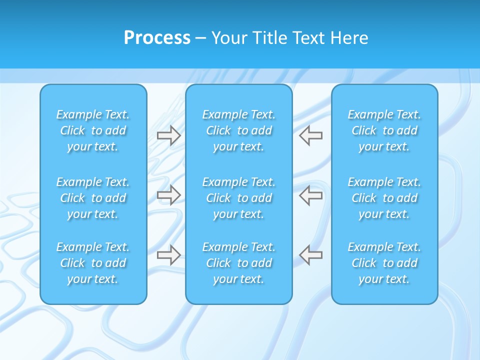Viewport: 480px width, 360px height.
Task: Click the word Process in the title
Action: pos(157,38)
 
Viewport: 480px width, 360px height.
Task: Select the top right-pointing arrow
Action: pos(169,135)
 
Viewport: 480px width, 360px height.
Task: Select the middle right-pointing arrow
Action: pos(169,195)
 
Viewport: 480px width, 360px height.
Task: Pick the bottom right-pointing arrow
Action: pos(169,255)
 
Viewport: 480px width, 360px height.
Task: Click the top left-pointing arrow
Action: pos(310,135)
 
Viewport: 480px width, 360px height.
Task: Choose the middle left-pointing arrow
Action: pos(310,195)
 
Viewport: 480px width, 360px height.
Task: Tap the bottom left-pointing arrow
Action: pos(310,255)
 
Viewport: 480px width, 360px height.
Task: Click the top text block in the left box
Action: pos(93,130)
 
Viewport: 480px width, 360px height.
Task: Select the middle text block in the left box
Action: pos(93,198)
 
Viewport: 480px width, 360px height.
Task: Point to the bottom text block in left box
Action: pos(93,263)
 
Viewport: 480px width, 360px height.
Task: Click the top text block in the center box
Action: pos(238,130)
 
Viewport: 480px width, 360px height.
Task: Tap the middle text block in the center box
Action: pos(238,198)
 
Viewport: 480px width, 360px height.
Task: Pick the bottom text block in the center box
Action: pos(238,263)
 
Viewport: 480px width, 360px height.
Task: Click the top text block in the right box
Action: pos(384,130)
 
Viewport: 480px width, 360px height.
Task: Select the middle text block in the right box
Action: pos(384,198)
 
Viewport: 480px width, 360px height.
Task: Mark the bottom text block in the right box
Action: pos(384,263)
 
